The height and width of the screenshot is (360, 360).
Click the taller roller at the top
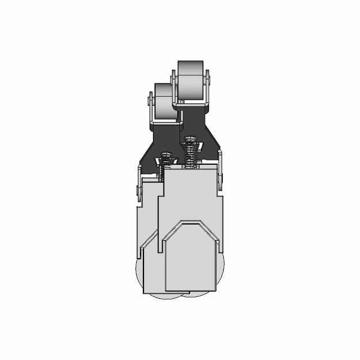click(x=190, y=82)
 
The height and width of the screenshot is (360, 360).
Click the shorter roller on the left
click(x=164, y=101)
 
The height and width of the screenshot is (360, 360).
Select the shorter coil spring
click(x=165, y=166)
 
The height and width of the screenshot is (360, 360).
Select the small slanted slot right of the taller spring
click(x=200, y=146)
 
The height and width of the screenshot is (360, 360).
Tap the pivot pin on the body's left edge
click(x=138, y=191)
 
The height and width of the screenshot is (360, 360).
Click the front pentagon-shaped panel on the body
click(x=190, y=259)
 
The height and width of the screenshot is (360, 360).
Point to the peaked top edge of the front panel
click(x=190, y=222)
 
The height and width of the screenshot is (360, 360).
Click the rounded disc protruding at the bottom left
click(x=140, y=278)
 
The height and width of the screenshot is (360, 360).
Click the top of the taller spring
click(x=190, y=138)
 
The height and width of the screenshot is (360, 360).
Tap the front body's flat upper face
click(x=190, y=191)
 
